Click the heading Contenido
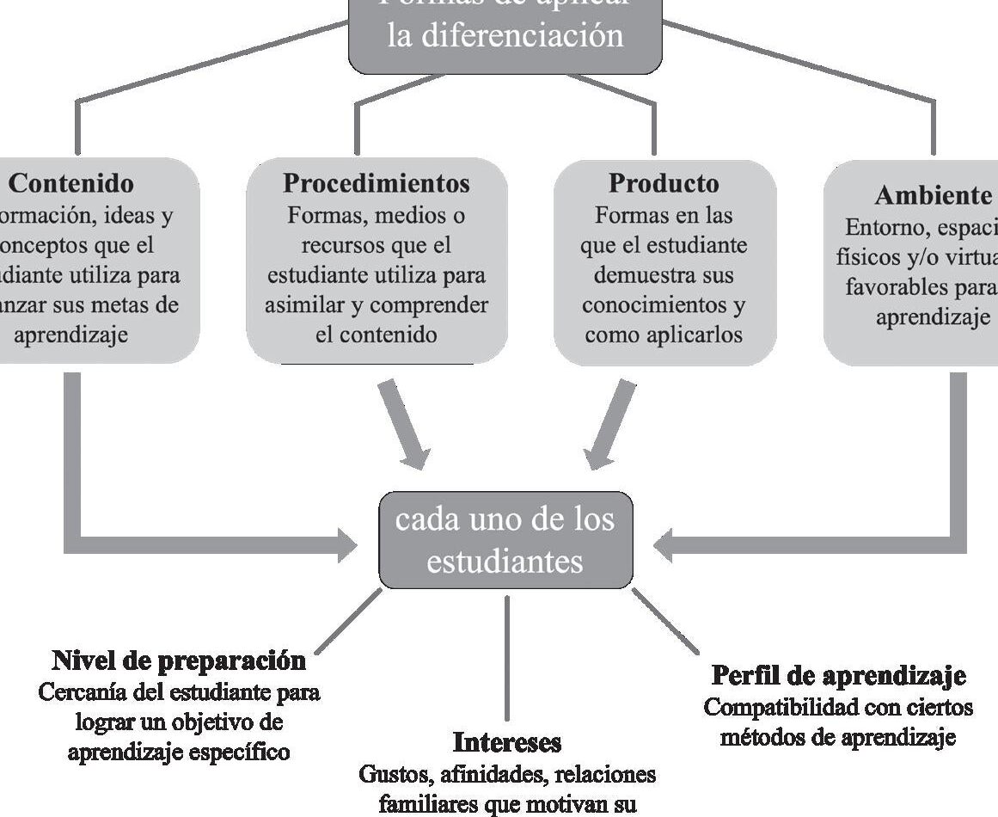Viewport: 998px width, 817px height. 71,183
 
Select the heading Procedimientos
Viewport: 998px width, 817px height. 377,183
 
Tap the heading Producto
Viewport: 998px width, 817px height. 663,183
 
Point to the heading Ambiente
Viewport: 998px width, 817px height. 932,196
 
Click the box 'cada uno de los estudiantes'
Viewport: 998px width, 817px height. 505,540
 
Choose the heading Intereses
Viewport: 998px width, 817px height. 506,742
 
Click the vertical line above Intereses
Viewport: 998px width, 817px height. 506,658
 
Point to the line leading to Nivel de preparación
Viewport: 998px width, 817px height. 348,620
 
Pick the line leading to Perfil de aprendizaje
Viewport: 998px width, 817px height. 665,622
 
